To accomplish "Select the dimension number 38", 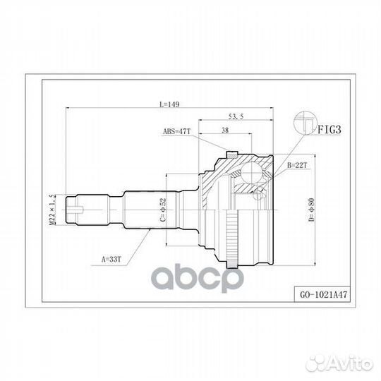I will (x=224, y=130).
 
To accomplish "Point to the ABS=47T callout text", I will (x=177, y=131).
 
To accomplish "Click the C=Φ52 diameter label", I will (x=163, y=210).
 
